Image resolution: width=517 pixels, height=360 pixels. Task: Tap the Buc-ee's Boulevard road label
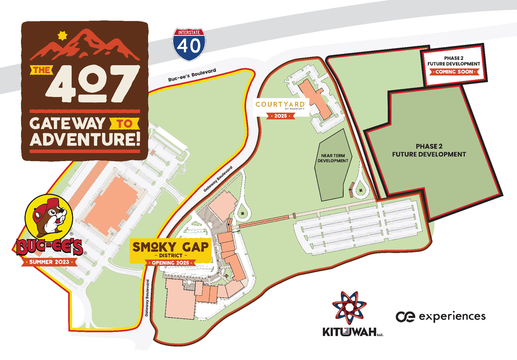click(x=192, y=75)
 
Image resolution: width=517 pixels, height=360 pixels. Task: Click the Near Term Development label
click(x=333, y=158)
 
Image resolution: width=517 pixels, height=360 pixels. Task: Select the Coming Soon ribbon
click(x=454, y=72)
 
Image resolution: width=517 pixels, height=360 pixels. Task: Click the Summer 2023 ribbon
click(x=49, y=262)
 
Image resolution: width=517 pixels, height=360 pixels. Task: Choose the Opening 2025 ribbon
click(x=170, y=263)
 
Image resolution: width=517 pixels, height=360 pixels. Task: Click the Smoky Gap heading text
click(x=170, y=247)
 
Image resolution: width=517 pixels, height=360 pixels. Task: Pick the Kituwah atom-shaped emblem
click(x=349, y=307)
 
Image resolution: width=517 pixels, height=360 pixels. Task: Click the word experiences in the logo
click(x=452, y=317)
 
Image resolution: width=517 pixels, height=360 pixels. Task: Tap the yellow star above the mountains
click(x=62, y=36)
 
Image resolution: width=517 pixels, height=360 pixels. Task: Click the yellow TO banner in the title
click(x=125, y=124)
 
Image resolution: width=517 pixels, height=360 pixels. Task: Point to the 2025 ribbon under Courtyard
click(x=281, y=116)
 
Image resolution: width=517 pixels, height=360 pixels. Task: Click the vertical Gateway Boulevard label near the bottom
click(x=147, y=298)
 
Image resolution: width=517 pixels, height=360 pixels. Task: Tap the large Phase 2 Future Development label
click(x=429, y=150)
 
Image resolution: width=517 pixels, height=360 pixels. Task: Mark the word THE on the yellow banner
click(x=41, y=70)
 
